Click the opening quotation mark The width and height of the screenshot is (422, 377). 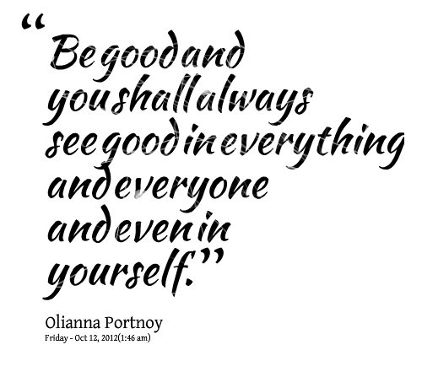click(33, 22)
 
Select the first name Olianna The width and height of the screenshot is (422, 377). click(73, 322)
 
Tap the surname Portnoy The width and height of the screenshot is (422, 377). click(134, 324)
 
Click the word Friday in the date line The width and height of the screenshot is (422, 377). click(57, 338)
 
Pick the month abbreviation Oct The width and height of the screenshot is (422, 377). click(81, 337)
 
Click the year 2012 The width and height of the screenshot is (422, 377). click(109, 337)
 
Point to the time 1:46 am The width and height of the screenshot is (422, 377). click(134, 337)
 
